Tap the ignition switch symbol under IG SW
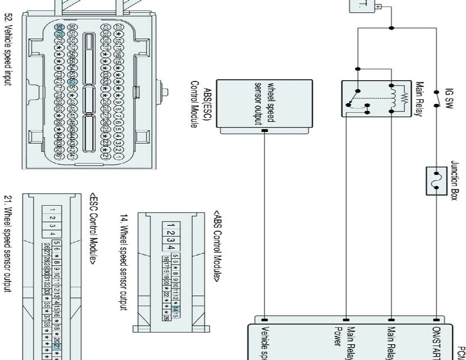pos(436,99)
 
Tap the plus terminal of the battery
pos(380,7)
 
